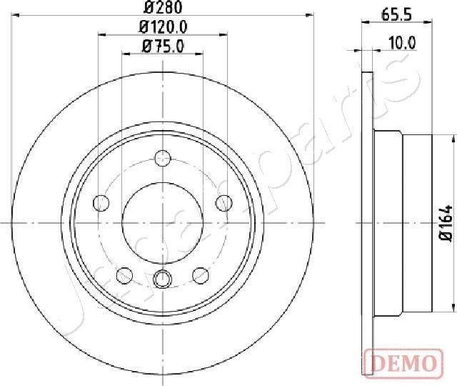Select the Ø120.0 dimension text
163,28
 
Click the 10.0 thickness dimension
401,42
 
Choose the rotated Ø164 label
446,223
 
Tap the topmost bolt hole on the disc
163,159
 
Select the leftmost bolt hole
101,203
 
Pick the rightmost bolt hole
224,203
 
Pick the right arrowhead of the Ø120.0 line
226,34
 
